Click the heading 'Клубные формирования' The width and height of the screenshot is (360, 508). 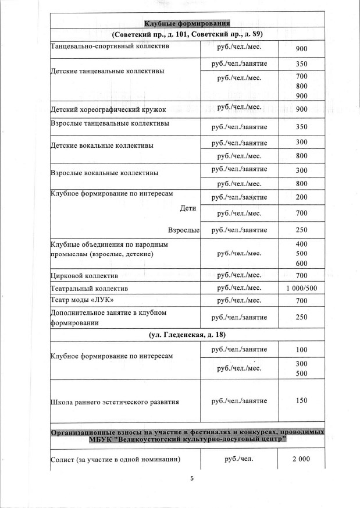tap(187, 24)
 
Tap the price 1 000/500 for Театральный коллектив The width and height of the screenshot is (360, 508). tap(301, 288)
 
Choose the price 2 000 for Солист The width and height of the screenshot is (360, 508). tap(301, 459)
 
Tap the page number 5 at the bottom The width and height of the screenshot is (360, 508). tap(191, 479)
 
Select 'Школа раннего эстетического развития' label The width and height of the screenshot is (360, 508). tap(115, 402)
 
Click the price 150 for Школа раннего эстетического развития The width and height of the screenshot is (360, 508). tap(301, 401)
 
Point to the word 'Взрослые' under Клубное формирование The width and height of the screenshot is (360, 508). tap(184, 230)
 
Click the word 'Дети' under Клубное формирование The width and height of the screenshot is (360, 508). tap(188, 208)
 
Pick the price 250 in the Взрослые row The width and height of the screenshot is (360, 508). tap(301, 230)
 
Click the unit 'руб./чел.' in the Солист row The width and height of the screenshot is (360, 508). tap(239, 459)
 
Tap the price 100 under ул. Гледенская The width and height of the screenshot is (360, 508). tap(301, 350)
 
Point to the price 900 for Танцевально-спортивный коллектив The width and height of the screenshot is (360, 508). tap(301, 49)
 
